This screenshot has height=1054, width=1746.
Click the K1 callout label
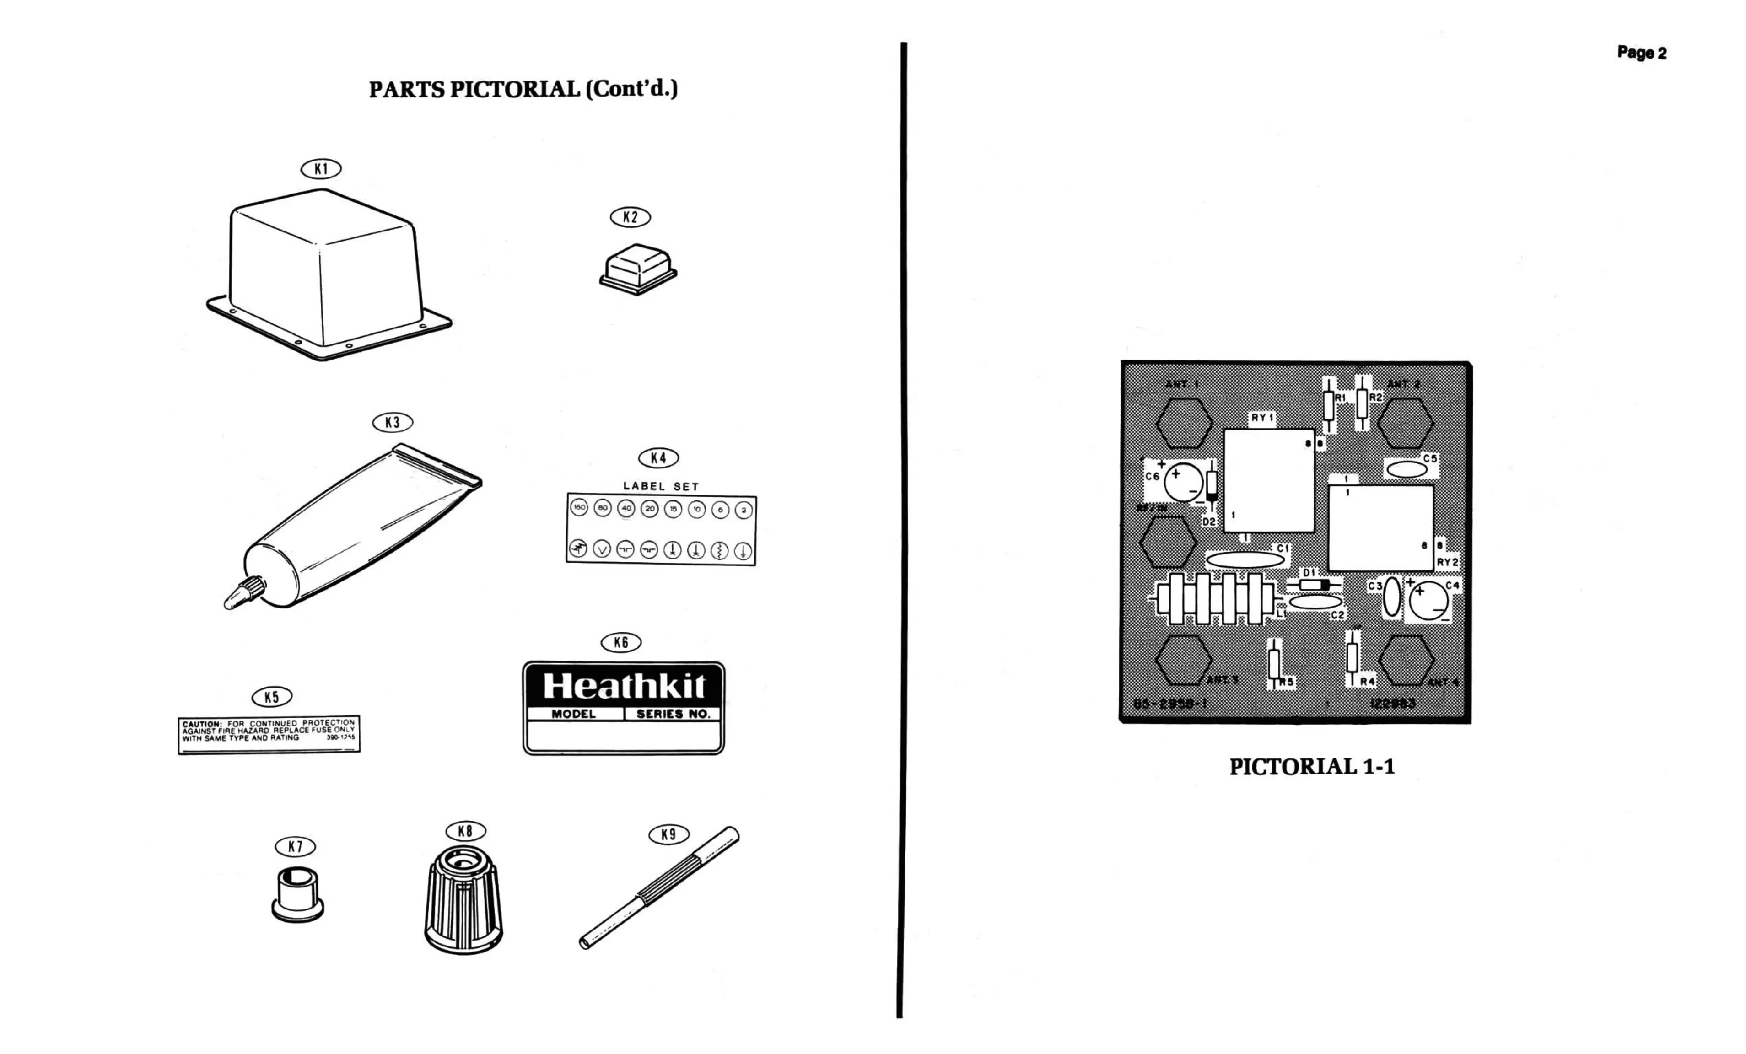[x=321, y=169]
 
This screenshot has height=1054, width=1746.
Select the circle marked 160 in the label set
[x=579, y=508]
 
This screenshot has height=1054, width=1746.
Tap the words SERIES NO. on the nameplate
[x=673, y=714]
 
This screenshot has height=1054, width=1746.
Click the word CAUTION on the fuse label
[x=202, y=724]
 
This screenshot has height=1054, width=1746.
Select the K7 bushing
[x=297, y=895]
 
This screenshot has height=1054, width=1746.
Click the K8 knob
[x=463, y=899]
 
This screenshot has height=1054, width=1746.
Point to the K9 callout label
[x=668, y=834]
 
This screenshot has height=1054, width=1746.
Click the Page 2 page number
[x=1641, y=53]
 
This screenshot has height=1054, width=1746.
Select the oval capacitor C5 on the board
[x=1406, y=469]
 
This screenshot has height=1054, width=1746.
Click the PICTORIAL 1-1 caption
[x=1312, y=766]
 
